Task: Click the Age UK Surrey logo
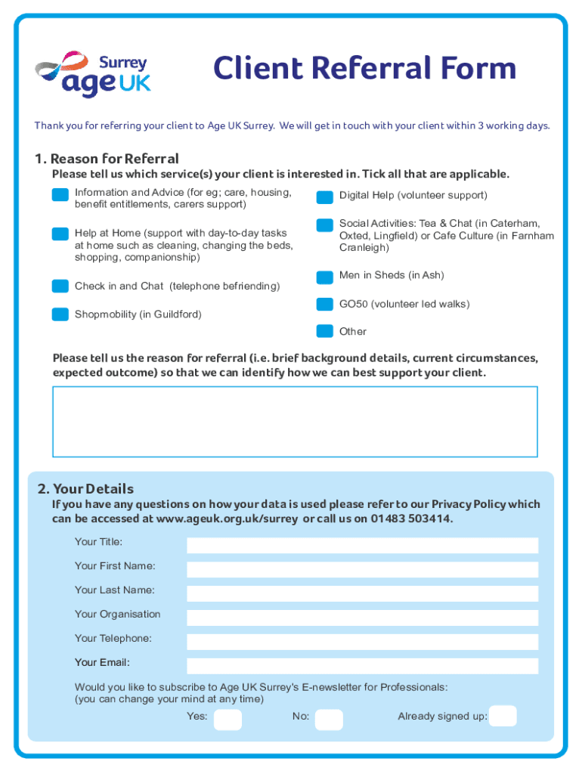pos(93,73)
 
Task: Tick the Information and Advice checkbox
pos(60,195)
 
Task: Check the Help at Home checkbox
pos(60,234)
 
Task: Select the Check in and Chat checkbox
pos(60,286)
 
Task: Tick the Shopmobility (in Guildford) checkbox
pos(60,314)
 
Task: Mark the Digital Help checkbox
pos(324,197)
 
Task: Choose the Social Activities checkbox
pos(324,224)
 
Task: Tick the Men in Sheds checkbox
pos(324,277)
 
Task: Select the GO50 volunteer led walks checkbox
pos(324,305)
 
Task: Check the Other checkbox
pos(324,330)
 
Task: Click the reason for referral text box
pos(295,421)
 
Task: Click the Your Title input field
pos(362,545)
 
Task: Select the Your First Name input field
pos(362,569)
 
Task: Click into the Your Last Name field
pos(362,593)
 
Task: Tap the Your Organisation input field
pos(362,618)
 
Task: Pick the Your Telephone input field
pos(362,642)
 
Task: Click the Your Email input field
pos(362,666)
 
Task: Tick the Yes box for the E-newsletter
pos(228,719)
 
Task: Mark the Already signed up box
pos(503,716)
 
